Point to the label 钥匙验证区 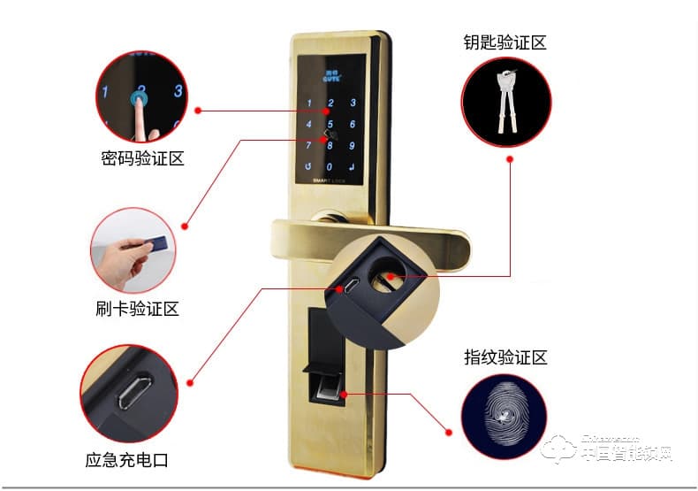click(505, 42)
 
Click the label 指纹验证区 click(505, 357)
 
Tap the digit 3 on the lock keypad click(353, 104)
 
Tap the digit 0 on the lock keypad click(330, 165)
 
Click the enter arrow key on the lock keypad click(353, 165)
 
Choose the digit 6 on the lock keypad click(353, 124)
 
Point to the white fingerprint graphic click(505, 415)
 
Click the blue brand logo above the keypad click(329, 73)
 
